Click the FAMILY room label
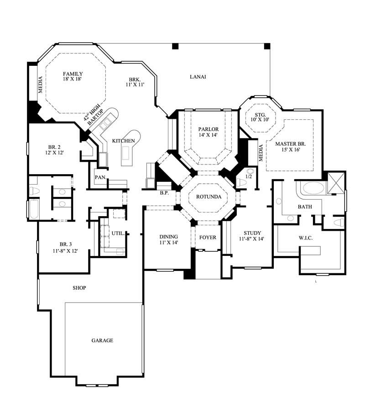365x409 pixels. [x=73, y=74]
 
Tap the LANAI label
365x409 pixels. [x=198, y=77]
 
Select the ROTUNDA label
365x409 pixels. [x=209, y=197]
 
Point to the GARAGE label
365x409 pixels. [x=102, y=340]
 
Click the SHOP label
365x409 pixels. [x=79, y=288]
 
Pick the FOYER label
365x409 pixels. [x=208, y=238]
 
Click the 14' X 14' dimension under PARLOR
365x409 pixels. [x=208, y=136]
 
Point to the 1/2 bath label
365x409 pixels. [x=249, y=176]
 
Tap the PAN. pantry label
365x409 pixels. [x=100, y=177]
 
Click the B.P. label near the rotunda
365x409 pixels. [x=164, y=193]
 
